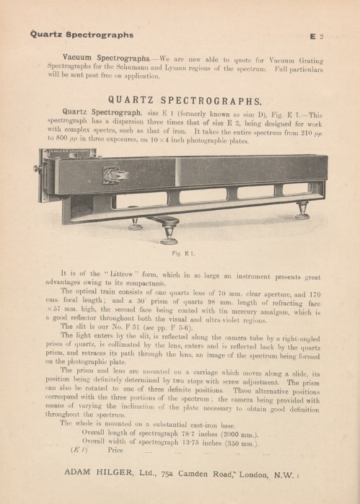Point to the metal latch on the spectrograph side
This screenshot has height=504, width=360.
click(x=115, y=174)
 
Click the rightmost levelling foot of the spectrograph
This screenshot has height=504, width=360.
click(x=302, y=213)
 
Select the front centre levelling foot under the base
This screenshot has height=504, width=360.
click(x=170, y=235)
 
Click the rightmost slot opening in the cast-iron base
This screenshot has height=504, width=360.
click(x=297, y=190)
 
